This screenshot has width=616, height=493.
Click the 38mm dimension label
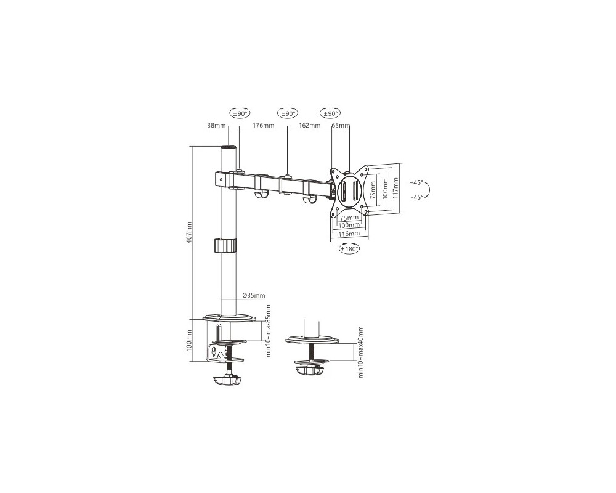click(x=216, y=126)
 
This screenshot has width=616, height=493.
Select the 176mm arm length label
click(x=264, y=126)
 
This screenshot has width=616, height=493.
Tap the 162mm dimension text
click(x=310, y=126)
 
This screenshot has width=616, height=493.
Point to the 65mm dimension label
click(x=340, y=126)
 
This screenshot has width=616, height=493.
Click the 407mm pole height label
click(x=189, y=232)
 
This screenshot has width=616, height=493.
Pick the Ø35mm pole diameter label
click(x=254, y=296)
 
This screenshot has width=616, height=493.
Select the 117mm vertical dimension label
click(x=395, y=187)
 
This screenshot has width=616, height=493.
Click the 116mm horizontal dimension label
click(x=349, y=234)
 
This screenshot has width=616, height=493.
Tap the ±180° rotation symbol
click(x=349, y=250)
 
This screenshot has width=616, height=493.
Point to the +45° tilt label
click(x=416, y=183)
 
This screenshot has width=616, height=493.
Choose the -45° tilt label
click(x=416, y=197)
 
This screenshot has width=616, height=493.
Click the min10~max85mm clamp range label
click(x=269, y=331)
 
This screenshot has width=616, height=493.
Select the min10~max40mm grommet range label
click(x=360, y=352)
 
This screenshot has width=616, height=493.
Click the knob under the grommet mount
click(x=309, y=370)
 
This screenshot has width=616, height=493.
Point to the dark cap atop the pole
click(x=229, y=149)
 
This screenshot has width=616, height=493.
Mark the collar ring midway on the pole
click(x=225, y=246)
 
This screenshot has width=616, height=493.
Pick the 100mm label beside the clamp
click(x=189, y=341)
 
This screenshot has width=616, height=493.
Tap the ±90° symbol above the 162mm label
click(x=288, y=113)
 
